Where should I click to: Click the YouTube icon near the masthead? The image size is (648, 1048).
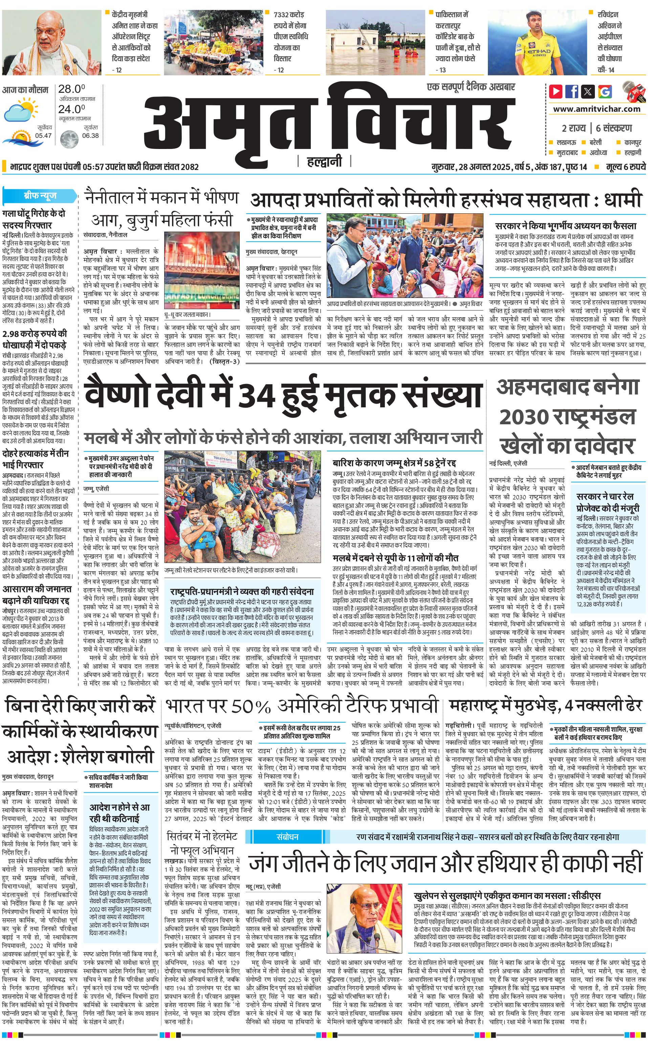(556, 91)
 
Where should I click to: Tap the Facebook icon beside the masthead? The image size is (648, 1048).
(572, 91)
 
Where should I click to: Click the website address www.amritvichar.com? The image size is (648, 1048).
(597, 109)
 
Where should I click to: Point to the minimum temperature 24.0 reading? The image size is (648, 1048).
(71, 109)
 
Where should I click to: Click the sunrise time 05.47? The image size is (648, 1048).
(43, 135)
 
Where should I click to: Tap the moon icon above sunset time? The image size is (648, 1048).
(68, 139)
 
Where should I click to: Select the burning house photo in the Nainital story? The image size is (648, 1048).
(202, 270)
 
